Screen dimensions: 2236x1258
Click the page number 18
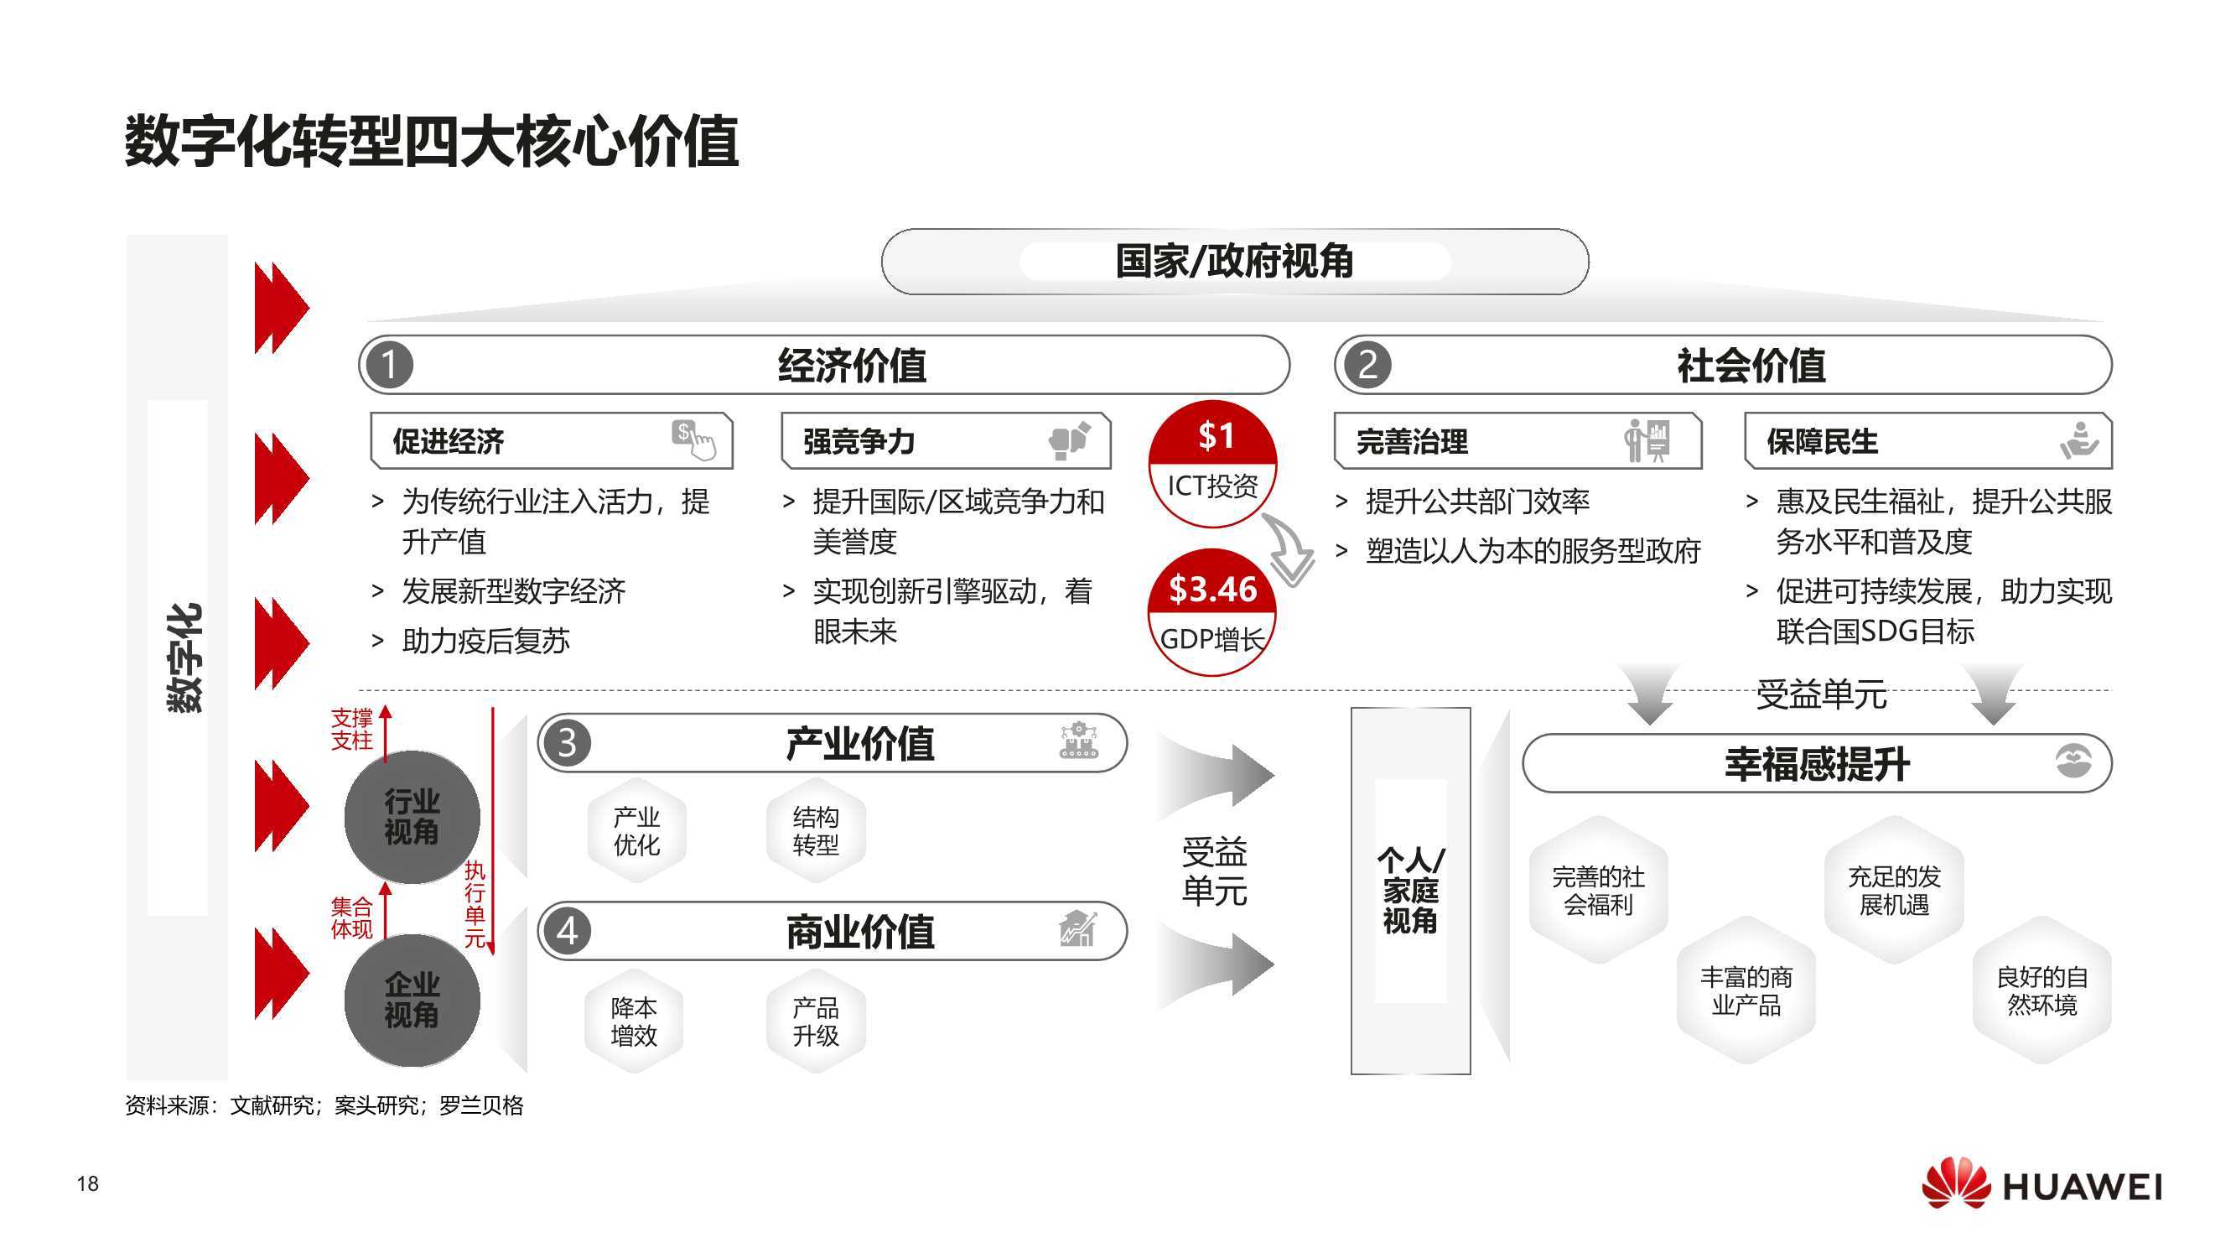(x=88, y=1183)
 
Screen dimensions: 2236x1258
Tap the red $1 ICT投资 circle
(x=1212, y=463)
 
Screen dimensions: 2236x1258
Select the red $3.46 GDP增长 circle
(x=1211, y=613)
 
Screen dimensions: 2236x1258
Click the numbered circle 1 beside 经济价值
(x=389, y=365)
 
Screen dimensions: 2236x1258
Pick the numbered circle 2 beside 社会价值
(x=1367, y=365)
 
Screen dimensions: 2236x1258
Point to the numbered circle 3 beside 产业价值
(x=566, y=743)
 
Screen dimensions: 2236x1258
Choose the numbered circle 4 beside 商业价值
(x=566, y=931)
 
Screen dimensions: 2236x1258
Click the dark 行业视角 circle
(x=412, y=817)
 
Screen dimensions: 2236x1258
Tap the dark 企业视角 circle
(x=412, y=1001)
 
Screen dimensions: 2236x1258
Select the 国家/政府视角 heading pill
(x=1233, y=262)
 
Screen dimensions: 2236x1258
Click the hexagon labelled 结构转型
(x=815, y=831)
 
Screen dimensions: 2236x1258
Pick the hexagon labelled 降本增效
(x=634, y=1021)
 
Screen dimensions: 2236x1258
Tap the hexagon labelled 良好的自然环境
(x=2041, y=990)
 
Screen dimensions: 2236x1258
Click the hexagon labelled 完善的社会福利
(x=1597, y=890)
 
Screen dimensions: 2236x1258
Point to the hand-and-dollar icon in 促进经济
(x=693, y=439)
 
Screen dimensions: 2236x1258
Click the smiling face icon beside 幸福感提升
(x=2073, y=762)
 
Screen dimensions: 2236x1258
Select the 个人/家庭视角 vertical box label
(x=1410, y=891)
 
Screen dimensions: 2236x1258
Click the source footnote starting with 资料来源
(x=324, y=1105)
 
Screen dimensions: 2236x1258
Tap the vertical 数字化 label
(x=184, y=658)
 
